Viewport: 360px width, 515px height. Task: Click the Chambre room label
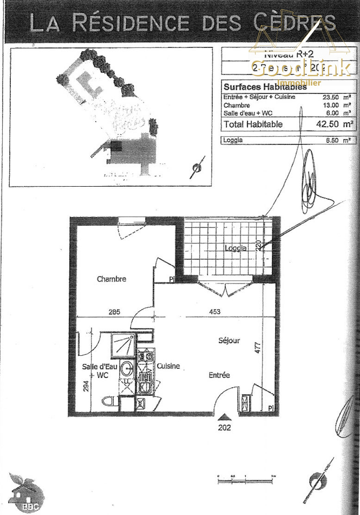coord(112,279)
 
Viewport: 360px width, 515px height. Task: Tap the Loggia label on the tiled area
coord(236,248)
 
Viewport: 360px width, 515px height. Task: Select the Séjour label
coord(229,340)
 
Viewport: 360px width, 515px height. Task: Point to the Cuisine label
coord(168,366)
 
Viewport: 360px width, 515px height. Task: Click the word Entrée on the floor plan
coord(219,375)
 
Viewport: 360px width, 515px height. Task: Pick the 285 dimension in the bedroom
coord(114,312)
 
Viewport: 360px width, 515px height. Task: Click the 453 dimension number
coord(215,312)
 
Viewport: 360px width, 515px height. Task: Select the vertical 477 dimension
coord(258,347)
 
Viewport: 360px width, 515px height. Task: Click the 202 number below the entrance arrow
coord(224,427)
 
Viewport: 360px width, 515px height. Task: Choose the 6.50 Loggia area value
coord(332,140)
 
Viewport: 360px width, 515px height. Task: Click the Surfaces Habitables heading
coord(265,87)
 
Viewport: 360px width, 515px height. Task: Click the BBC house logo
coord(28,494)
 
